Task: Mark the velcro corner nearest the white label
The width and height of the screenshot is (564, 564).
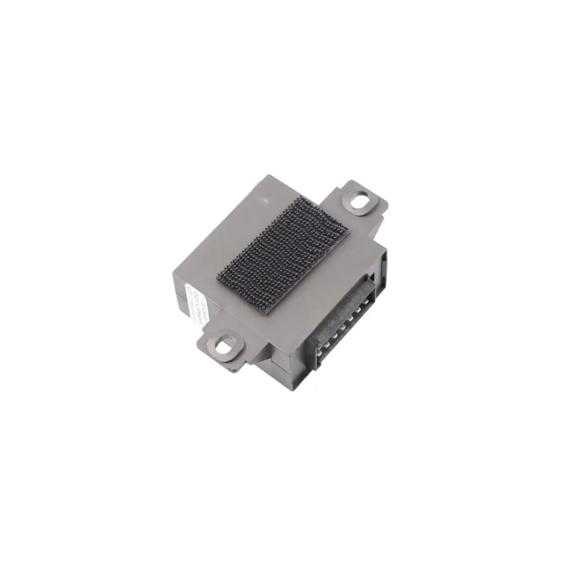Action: coord(218,276)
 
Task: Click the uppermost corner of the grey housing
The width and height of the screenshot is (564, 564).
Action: coord(268,175)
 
